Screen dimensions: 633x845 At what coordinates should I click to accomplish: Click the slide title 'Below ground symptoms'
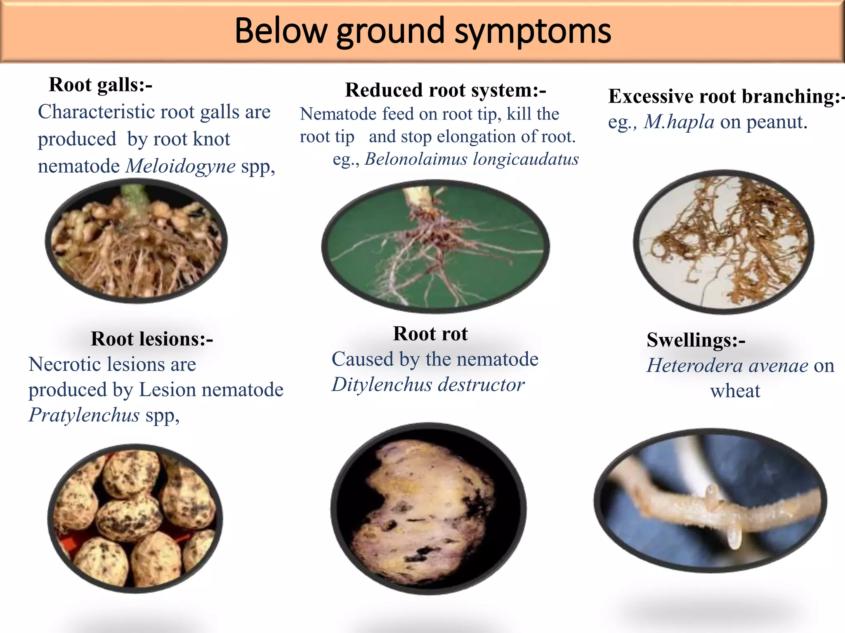coord(422,31)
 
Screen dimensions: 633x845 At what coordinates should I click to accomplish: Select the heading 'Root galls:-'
coord(101,85)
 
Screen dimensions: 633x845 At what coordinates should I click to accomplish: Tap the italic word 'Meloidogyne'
coord(181,166)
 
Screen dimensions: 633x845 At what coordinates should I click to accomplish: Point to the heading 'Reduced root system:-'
coord(446,90)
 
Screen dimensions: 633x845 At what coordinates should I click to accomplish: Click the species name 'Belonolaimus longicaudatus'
coord(472,159)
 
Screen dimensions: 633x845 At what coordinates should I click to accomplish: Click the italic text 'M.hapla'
coord(679,122)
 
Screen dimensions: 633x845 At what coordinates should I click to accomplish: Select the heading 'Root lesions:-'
coord(152,339)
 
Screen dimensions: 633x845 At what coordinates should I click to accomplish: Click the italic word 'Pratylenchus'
coord(84,415)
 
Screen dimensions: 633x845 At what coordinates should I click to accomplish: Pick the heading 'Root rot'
coord(430,334)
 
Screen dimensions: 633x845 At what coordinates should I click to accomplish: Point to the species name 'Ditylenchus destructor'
coord(428,385)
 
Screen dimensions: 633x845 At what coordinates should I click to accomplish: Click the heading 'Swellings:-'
coord(696,340)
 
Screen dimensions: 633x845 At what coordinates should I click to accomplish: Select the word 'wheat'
coord(735,391)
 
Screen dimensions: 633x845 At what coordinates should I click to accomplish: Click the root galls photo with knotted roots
coord(136,241)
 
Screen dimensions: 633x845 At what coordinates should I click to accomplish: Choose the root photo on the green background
coord(435,246)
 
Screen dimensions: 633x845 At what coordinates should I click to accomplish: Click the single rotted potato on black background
coord(428,508)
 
